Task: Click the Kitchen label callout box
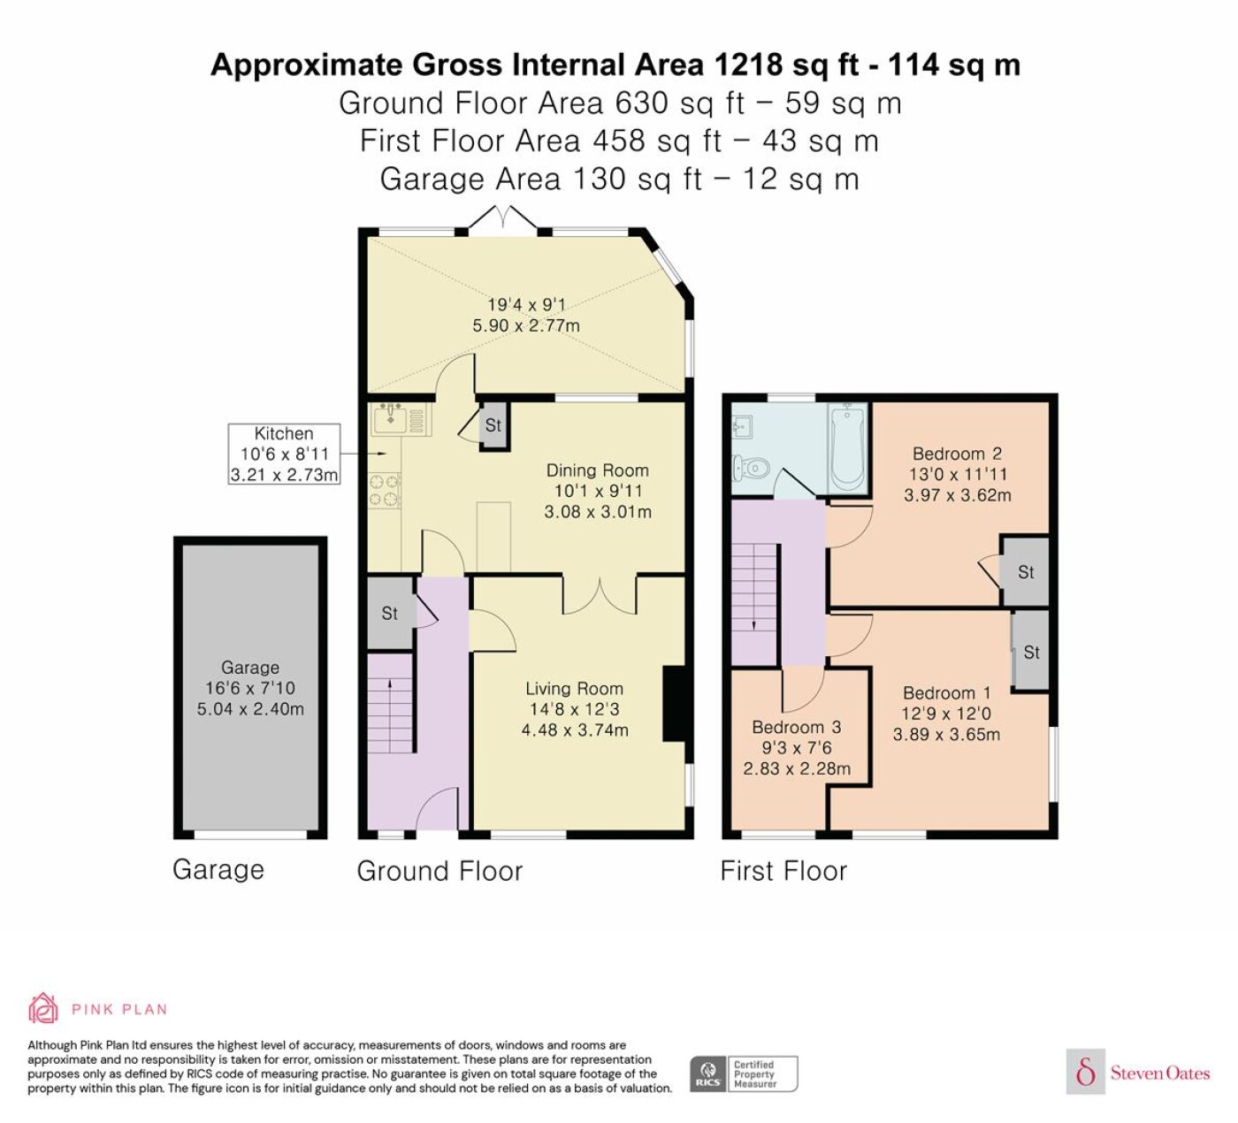click(284, 454)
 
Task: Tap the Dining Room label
click(598, 470)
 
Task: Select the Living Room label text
click(574, 688)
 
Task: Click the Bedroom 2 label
click(957, 454)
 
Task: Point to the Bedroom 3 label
click(796, 727)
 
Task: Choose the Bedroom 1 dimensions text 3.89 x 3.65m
click(946, 734)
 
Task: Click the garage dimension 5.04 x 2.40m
click(250, 709)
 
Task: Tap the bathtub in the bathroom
click(849, 447)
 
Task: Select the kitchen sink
click(391, 420)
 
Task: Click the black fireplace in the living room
click(674, 703)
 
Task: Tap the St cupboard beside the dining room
click(493, 425)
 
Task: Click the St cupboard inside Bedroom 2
click(1025, 572)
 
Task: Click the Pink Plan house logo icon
click(43, 1009)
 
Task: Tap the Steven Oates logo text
click(1159, 1073)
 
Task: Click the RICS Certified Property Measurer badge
click(744, 1073)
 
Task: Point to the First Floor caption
click(783, 871)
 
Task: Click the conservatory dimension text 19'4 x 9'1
click(526, 304)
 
